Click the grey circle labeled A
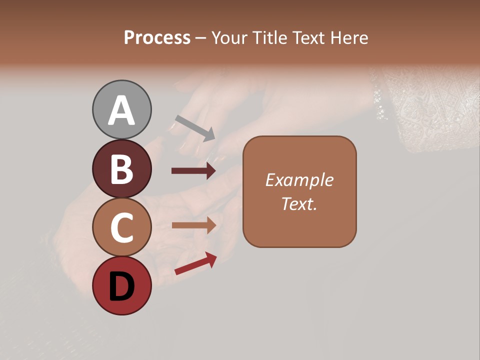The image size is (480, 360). pyautogui.click(x=121, y=109)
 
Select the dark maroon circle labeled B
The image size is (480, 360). pyautogui.click(x=121, y=168)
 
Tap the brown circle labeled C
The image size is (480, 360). pyautogui.click(x=121, y=227)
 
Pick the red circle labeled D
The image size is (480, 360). pyautogui.click(x=121, y=286)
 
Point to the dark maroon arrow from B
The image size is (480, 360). pyautogui.click(x=193, y=171)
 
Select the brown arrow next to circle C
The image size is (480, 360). pyautogui.click(x=193, y=225)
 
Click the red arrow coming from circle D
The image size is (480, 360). pyautogui.click(x=195, y=263)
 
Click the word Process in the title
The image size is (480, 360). pyautogui.click(x=157, y=37)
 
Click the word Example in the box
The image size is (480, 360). pyautogui.click(x=299, y=180)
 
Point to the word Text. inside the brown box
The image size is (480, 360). pyautogui.click(x=299, y=203)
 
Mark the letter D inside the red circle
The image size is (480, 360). pyautogui.click(x=121, y=287)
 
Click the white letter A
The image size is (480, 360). pyautogui.click(x=121, y=110)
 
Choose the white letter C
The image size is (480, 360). pyautogui.click(x=121, y=228)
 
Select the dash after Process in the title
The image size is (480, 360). pyautogui.click(x=200, y=38)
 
